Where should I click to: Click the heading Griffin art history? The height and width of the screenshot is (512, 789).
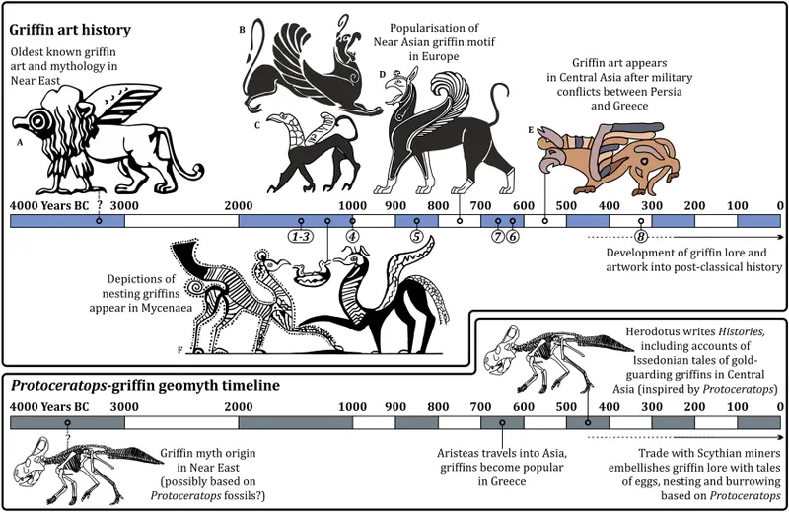pyautogui.click(x=70, y=30)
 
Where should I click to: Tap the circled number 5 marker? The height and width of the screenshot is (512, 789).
pyautogui.click(x=416, y=236)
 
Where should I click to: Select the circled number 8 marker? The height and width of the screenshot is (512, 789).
pyautogui.click(x=640, y=236)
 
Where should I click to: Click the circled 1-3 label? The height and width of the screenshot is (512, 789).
pyautogui.click(x=301, y=236)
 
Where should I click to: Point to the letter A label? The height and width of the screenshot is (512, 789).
pyautogui.click(x=20, y=142)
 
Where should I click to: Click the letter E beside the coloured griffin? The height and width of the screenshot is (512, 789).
pyautogui.click(x=531, y=130)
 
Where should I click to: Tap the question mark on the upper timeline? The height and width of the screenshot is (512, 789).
pyautogui.click(x=100, y=205)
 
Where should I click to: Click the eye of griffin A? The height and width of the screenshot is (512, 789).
pyautogui.click(x=37, y=121)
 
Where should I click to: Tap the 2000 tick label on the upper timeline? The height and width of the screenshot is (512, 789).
pyautogui.click(x=239, y=205)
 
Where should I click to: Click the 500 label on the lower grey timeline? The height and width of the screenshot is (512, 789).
pyautogui.click(x=566, y=406)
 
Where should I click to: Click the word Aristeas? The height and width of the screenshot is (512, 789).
pyautogui.click(x=460, y=453)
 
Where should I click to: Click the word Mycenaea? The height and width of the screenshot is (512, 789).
pyautogui.click(x=166, y=307)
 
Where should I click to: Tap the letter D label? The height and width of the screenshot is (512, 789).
pyautogui.click(x=383, y=75)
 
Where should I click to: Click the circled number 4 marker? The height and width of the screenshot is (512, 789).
pyautogui.click(x=353, y=236)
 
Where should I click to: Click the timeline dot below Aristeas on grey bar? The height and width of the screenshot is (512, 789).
pyautogui.click(x=502, y=422)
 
